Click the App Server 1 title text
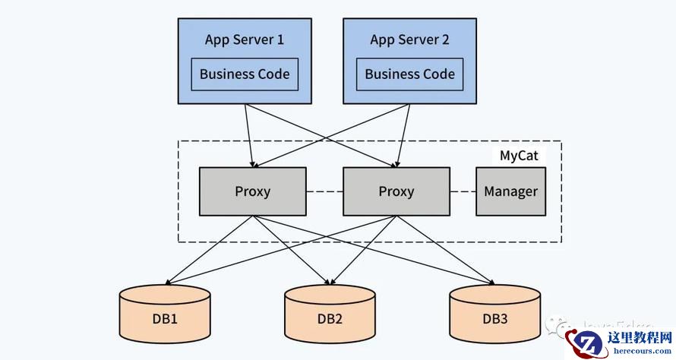[x=245, y=39]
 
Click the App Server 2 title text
[x=409, y=39]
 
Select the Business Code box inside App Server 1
[x=245, y=74]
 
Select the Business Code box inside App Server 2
[x=409, y=74]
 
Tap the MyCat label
[x=519, y=156]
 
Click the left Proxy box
[x=252, y=191]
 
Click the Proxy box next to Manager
[x=396, y=191]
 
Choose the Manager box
[x=510, y=191]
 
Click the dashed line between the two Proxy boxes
[x=324, y=191]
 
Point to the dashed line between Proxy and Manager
[x=463, y=191]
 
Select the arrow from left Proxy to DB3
[x=372, y=251]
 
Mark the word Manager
[x=510, y=191]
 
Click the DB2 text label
[x=330, y=318]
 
